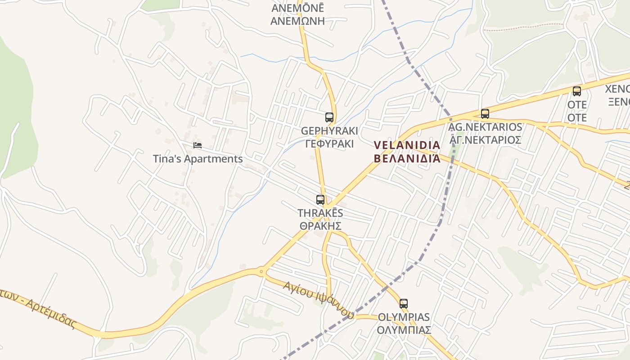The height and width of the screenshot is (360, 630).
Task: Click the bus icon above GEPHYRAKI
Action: coord(329,117)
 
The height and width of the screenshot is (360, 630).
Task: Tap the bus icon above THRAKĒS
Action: coord(320,200)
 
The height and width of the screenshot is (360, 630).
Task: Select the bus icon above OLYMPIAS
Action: coord(404,304)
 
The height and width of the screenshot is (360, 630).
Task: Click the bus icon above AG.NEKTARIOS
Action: coord(485,114)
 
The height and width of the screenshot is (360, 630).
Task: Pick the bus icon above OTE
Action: coord(576,91)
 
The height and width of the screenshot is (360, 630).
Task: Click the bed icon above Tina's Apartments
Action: coord(197,145)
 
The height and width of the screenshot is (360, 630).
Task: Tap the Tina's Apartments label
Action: coord(198,159)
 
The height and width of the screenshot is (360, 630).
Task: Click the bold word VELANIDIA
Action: coord(407,145)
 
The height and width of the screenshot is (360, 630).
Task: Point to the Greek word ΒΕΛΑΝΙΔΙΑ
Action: coord(407,158)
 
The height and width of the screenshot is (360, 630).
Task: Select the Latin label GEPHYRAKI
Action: coord(329,131)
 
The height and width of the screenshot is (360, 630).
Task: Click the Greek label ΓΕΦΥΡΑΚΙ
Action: coord(329,144)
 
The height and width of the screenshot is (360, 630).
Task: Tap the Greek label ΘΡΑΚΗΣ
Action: coord(320,226)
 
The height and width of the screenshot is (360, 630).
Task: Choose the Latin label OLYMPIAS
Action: coord(404,317)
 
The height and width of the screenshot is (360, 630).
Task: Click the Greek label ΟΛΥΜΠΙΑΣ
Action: coord(404,330)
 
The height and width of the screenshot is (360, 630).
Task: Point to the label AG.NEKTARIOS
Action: coord(485,127)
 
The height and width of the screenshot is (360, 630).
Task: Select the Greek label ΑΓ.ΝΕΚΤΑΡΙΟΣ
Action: coord(485,140)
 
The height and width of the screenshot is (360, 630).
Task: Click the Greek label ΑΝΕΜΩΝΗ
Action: coord(297,21)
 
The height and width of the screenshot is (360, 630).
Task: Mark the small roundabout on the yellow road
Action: coord(261,271)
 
